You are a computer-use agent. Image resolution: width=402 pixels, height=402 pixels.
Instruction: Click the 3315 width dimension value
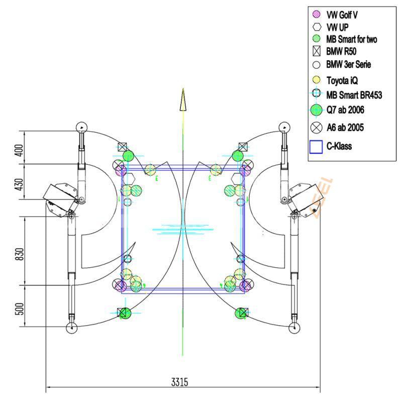tap(179, 382)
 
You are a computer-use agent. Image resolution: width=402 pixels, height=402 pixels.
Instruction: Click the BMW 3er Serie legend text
tap(349, 64)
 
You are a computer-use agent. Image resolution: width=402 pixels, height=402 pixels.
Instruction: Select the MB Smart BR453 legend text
tap(353, 93)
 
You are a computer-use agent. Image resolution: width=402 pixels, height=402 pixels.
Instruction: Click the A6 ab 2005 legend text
tap(345, 128)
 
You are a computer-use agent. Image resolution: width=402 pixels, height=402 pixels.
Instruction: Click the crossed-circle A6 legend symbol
tap(317, 128)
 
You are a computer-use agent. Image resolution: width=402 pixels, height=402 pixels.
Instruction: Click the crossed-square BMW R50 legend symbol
tap(317, 51)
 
